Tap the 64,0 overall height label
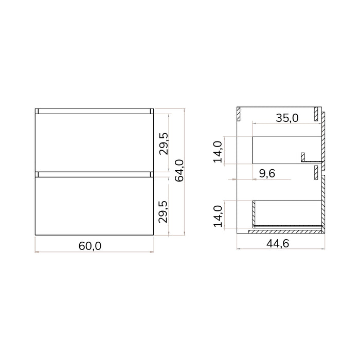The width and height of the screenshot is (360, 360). [180, 172]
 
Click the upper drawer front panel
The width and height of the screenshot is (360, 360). [94, 141]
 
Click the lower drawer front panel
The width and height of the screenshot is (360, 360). [94, 206]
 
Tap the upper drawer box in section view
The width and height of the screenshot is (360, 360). [283, 149]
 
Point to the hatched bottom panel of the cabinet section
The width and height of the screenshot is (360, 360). [285, 232]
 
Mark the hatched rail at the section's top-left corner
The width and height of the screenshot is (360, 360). [238, 114]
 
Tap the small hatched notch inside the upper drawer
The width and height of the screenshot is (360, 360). [303, 156]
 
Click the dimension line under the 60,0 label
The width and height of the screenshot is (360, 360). [94, 252]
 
